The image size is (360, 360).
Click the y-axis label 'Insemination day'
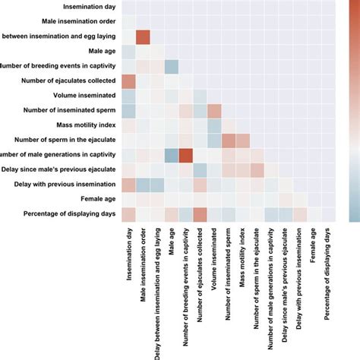(x=77, y=7)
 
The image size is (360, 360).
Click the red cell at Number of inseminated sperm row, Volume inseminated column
(x=214, y=111)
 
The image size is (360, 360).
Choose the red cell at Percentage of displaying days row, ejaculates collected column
(x=200, y=214)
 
